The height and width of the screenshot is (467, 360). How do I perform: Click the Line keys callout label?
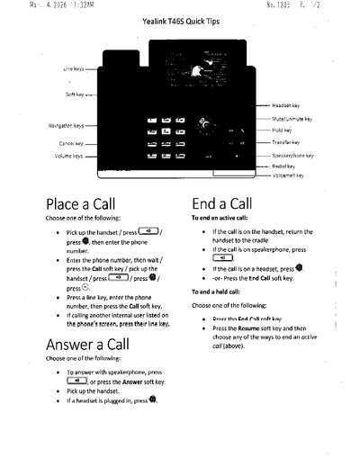pyautogui.click(x=74, y=68)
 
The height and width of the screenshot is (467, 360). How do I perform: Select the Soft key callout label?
pyautogui.click(x=76, y=94)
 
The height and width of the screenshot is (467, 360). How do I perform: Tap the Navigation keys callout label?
pyautogui.click(x=65, y=126)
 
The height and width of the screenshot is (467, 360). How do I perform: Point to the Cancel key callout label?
pyautogui.click(x=71, y=142)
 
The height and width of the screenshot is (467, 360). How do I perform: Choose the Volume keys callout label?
pyautogui.click(x=68, y=156)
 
